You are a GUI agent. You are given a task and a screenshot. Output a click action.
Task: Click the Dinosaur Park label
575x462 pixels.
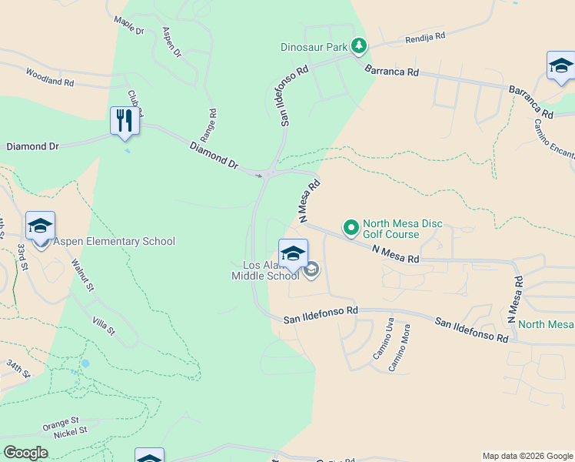tap(314, 47)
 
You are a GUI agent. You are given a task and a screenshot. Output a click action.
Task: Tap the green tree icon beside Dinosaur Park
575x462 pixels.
tap(358, 46)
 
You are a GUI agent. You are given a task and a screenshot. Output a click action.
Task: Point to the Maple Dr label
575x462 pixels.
tap(128, 25)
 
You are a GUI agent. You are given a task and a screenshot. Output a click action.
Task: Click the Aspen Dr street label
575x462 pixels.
tap(172, 42)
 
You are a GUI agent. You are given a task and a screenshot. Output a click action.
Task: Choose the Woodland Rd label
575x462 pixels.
tap(49, 76)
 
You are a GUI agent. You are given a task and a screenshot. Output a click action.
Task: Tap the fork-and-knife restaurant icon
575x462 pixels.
tap(125, 120)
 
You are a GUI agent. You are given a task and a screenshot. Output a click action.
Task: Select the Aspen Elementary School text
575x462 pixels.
tap(115, 241)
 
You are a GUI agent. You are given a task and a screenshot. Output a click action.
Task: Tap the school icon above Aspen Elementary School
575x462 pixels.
tap(40, 226)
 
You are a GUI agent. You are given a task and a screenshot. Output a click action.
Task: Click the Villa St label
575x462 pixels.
tap(103, 325)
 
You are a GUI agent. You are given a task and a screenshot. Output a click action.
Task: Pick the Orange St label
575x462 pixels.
tap(61, 423)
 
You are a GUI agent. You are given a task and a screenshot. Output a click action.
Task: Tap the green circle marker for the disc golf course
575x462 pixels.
tap(351, 227)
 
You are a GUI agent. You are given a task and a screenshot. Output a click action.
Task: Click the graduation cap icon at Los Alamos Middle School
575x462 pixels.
tap(293, 253)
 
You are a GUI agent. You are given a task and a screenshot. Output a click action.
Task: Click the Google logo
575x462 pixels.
tap(25, 453)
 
